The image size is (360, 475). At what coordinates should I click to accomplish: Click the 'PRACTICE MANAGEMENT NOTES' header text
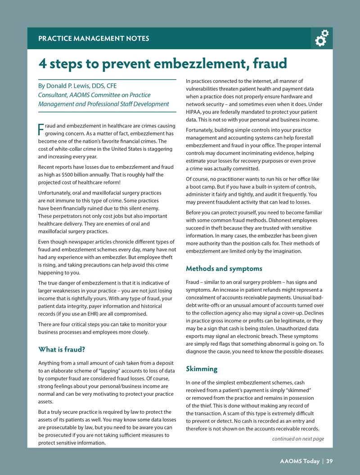coord(94,39)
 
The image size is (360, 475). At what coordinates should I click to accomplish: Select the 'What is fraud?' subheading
coord(62,349)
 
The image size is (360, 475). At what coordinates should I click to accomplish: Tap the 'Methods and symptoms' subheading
coord(224,269)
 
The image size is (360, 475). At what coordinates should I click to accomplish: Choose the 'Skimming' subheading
coord(202,369)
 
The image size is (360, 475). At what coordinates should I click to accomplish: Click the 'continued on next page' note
coord(298,439)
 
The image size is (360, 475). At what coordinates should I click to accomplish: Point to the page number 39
coord(329,461)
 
